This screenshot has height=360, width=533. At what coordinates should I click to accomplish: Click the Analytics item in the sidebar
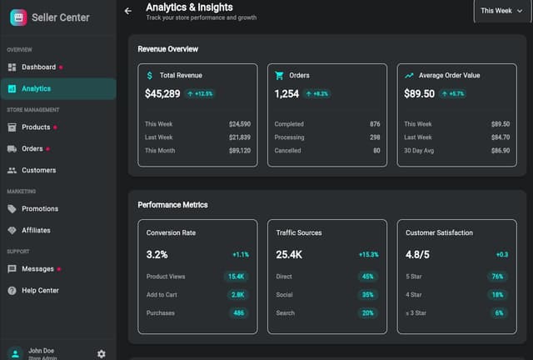coord(36,88)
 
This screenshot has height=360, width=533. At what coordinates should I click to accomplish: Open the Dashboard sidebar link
coord(38,67)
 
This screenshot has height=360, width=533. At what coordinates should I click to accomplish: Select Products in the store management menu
coord(36,127)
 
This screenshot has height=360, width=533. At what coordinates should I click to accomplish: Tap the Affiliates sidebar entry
coord(36,230)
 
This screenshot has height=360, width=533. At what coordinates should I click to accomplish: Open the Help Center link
coord(40,291)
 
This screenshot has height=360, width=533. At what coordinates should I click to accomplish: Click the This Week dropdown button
coord(502,11)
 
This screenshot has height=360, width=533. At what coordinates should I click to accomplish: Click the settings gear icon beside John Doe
coord(102,353)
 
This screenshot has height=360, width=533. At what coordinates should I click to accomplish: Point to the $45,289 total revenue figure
coord(162,94)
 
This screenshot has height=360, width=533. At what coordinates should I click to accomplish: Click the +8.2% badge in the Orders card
coord(317,94)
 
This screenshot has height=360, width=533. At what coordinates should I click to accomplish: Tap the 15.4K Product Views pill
coord(237,276)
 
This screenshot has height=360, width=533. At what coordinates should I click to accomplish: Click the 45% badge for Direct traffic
coord(367,276)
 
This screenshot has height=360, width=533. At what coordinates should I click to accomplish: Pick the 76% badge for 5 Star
coord(498,276)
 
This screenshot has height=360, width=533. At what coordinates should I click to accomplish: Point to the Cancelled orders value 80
coord(376,151)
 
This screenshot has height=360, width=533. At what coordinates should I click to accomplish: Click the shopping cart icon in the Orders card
coord(280,75)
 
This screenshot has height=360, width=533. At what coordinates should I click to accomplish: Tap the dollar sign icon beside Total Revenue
coord(150,75)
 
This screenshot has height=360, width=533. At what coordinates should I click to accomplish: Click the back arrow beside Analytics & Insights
coord(127,11)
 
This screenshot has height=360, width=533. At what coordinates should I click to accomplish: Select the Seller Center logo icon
coord(17,17)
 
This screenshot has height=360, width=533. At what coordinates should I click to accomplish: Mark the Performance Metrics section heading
coord(172,204)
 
